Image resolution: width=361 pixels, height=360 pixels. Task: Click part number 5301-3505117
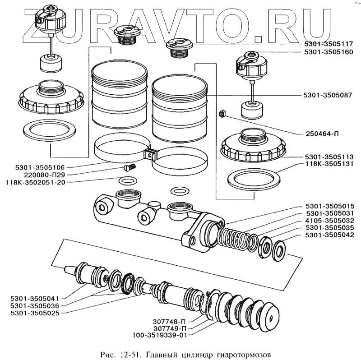point(329,45)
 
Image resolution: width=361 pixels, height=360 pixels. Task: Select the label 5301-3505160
point(329,52)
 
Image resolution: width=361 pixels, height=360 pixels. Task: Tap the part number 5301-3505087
point(329,96)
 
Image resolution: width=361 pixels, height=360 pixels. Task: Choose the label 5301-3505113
point(329,157)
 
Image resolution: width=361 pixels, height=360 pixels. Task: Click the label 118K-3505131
point(329,164)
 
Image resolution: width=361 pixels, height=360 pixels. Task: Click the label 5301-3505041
point(35,298)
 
